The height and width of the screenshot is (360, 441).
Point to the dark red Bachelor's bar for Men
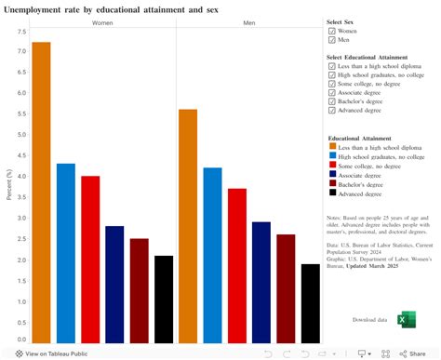[286, 288]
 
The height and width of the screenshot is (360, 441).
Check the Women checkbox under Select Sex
[332, 31]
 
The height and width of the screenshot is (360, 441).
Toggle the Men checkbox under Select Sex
[332, 40]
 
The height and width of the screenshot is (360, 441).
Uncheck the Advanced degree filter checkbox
[332, 110]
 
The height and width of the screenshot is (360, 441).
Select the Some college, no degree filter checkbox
[332, 84]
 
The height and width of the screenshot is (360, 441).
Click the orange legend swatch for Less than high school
[332, 147]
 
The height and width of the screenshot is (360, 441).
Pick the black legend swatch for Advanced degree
[332, 193]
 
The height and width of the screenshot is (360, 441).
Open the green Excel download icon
[407, 319]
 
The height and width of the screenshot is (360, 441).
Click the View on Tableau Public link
[51, 353]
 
